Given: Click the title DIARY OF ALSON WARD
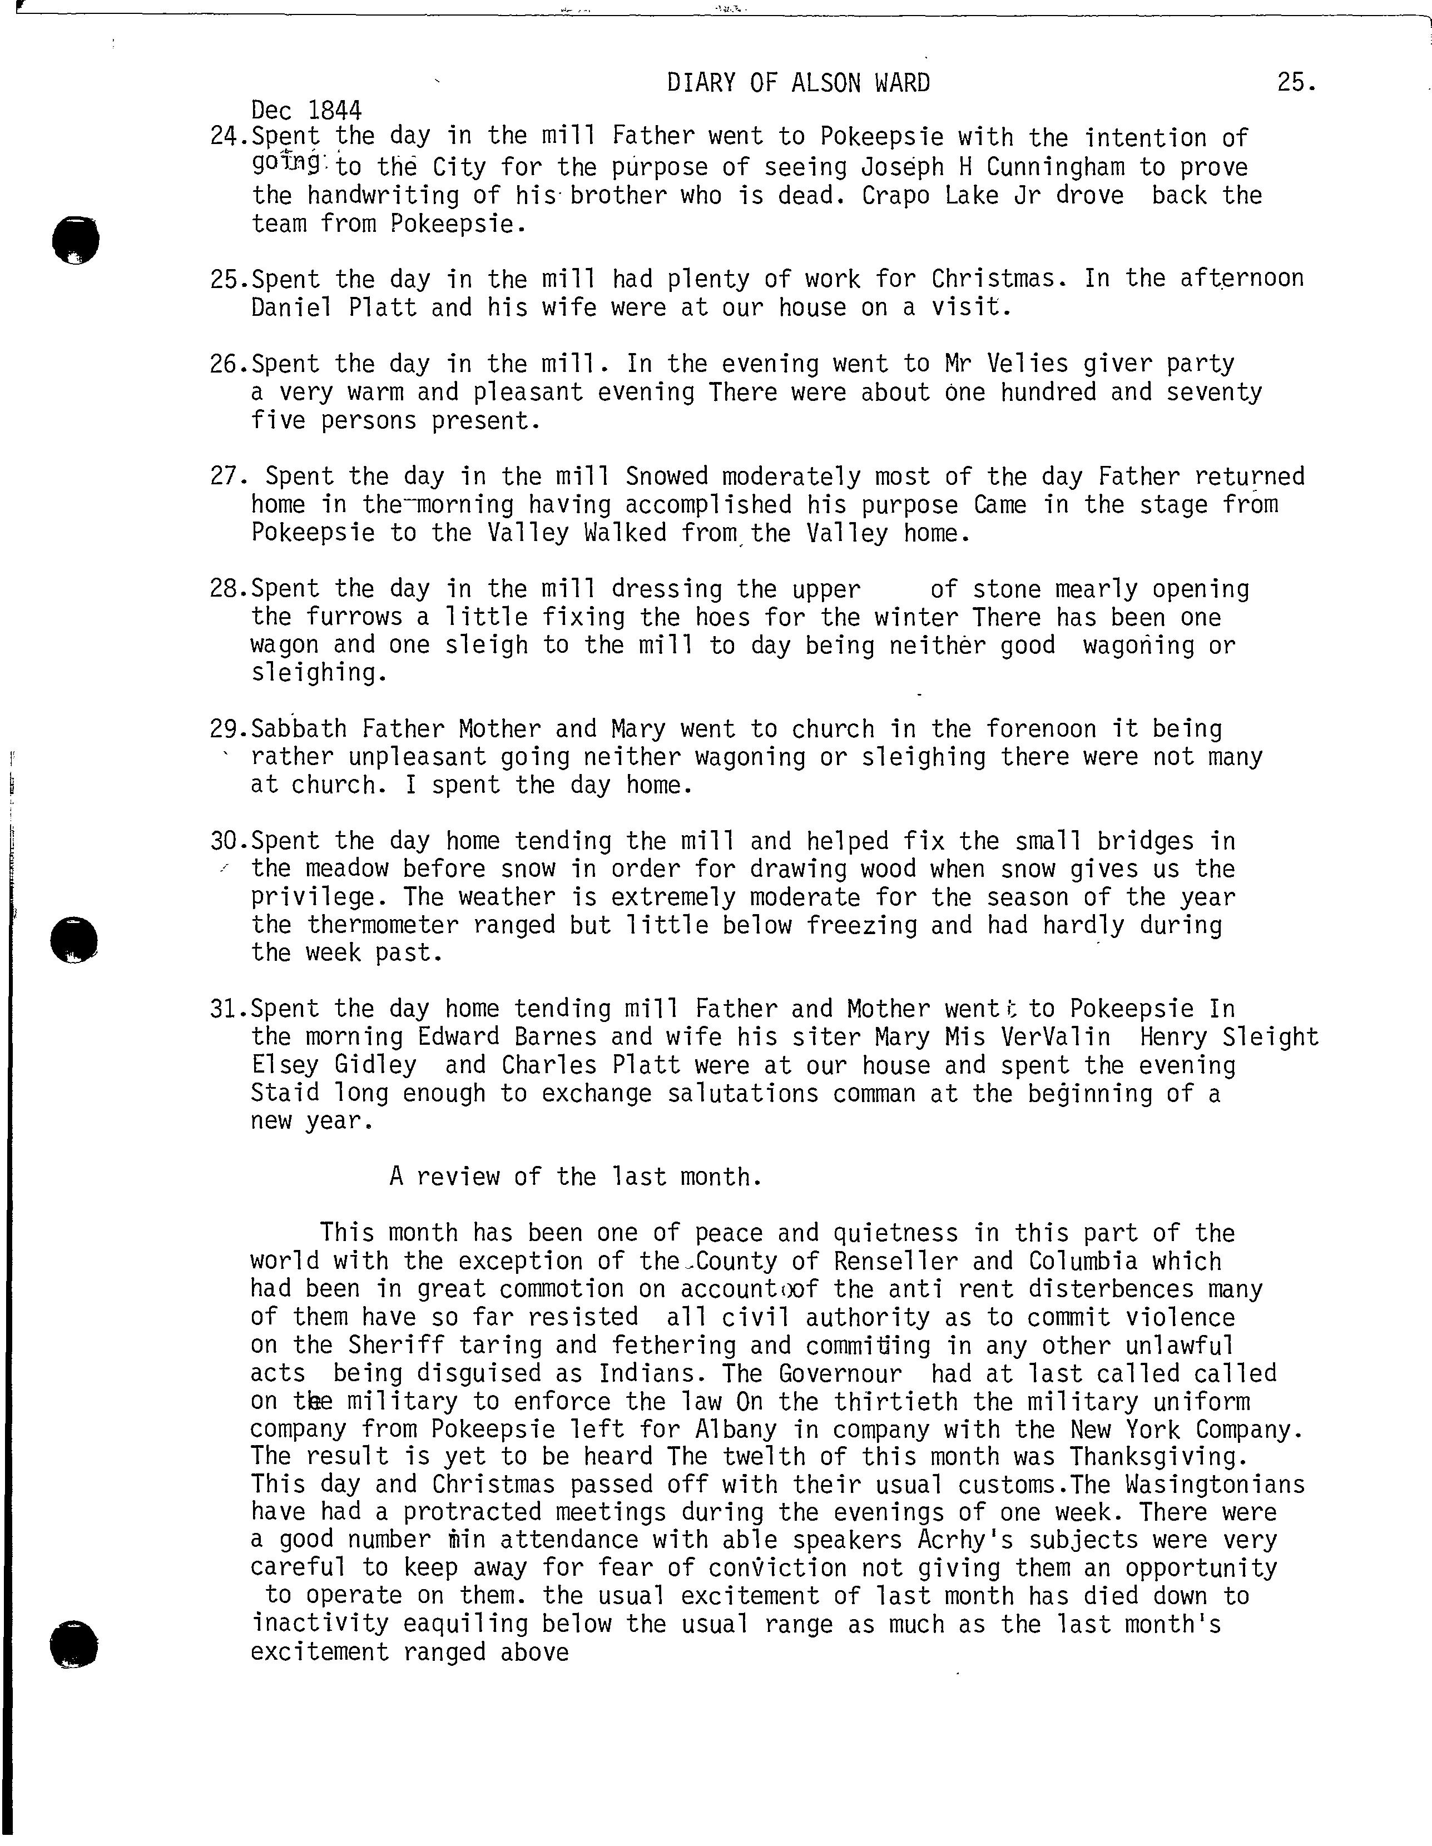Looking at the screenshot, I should (x=798, y=83).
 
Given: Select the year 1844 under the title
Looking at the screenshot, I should (x=335, y=110).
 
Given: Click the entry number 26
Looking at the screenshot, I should (x=226, y=364).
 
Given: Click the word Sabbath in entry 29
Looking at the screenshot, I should (x=299, y=728).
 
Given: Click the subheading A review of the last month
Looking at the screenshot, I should (x=575, y=1177).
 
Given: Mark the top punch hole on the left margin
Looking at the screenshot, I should (x=75, y=240).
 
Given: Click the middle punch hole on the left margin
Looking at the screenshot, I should (x=75, y=939).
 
